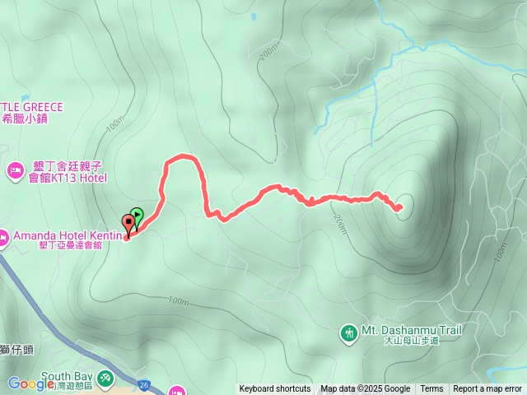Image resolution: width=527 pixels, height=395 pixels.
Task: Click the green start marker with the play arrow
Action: tap(138, 216)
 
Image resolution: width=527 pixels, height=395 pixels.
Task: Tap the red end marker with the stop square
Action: tap(128, 221)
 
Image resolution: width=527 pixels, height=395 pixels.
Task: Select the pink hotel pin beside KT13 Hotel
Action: tap(14, 170)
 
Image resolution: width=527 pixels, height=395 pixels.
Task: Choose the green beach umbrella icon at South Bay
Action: tap(105, 378)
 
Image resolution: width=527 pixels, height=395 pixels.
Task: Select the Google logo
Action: tap(30, 383)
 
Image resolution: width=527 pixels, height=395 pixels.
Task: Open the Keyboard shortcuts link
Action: tap(275, 389)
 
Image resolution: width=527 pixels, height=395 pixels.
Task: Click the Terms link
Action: tap(431, 389)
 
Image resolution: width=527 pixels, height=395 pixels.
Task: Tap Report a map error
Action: tap(487, 389)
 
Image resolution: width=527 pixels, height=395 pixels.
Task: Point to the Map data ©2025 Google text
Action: tap(366, 389)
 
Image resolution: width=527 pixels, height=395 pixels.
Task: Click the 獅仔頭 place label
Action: tap(16, 350)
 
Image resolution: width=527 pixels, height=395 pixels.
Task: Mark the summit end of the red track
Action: tap(399, 207)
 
